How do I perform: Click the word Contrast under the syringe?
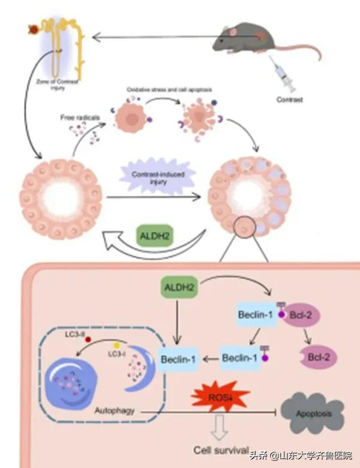(x=291, y=99)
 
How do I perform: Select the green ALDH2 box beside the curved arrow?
(x=154, y=235)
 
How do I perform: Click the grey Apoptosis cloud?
(x=313, y=414)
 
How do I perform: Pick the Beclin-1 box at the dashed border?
(x=179, y=359)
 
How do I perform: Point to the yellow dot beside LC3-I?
(x=116, y=346)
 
